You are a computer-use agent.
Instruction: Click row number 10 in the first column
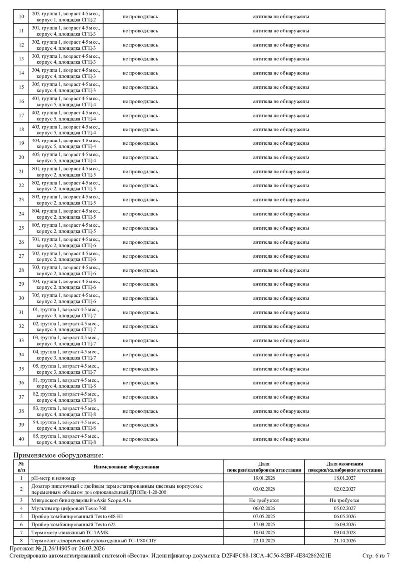point(21,17)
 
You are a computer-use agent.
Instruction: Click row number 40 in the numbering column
point(21,439)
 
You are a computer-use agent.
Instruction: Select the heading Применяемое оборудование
point(58,455)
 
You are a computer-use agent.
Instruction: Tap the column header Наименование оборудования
point(126,467)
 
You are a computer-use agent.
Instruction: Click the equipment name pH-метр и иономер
point(53,477)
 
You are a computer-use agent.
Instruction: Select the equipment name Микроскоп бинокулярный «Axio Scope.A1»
point(81,500)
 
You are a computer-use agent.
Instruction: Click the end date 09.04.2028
point(344,532)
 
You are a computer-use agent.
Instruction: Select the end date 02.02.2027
point(344,489)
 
